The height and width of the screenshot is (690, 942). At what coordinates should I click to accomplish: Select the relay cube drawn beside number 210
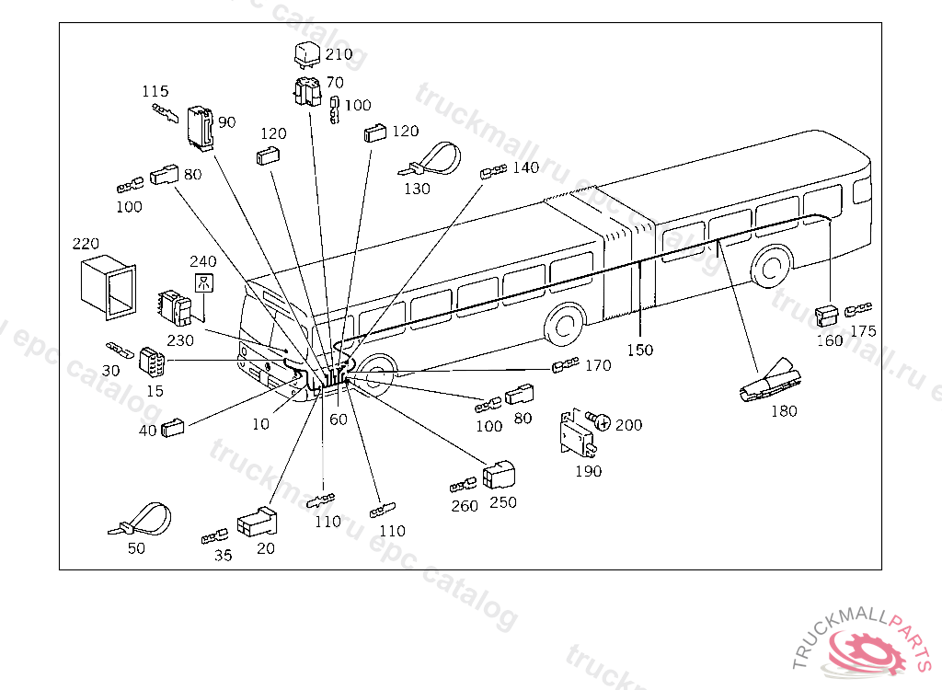[305, 54]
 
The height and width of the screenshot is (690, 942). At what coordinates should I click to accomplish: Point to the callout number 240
[203, 262]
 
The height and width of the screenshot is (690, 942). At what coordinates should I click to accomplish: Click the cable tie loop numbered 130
[431, 160]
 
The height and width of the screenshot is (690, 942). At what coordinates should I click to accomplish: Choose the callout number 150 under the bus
[639, 350]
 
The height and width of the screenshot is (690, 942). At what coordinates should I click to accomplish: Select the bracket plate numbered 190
[577, 431]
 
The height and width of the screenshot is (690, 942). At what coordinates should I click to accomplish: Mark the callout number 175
[863, 331]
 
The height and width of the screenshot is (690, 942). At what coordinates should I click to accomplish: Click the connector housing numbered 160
[827, 315]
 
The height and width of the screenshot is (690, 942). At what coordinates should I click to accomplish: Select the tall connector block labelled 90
[200, 127]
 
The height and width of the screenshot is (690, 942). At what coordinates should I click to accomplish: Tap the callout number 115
[155, 91]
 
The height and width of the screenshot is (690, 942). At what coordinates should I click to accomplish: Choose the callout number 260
[465, 507]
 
